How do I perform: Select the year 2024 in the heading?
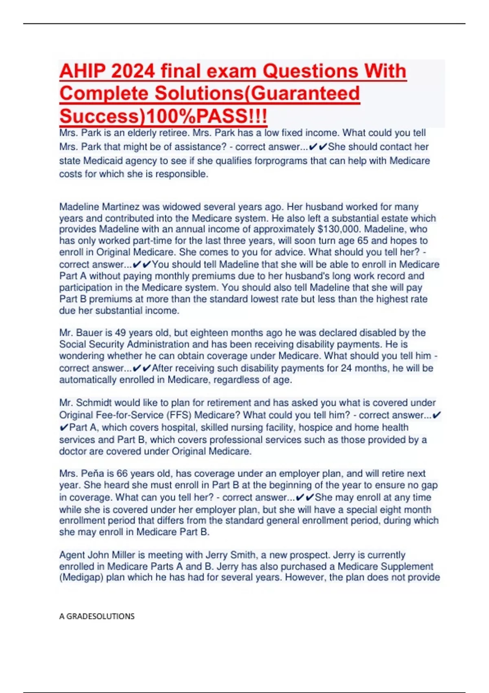133,71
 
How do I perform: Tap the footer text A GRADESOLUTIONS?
97,616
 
